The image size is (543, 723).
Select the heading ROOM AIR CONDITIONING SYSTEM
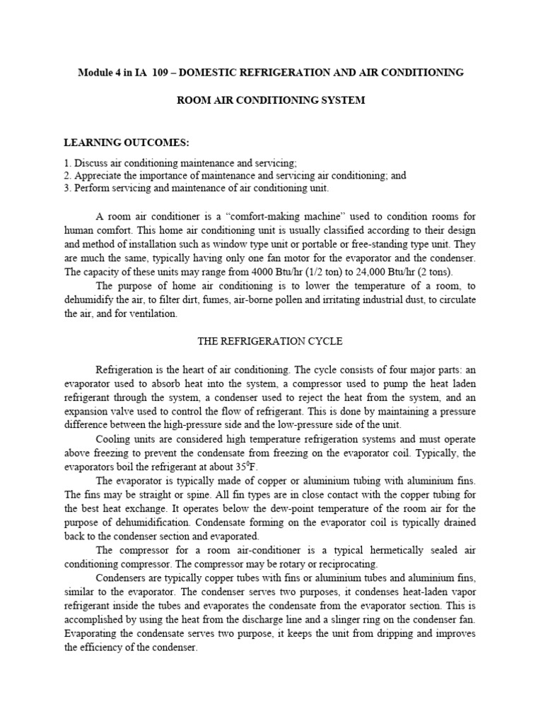[271, 100]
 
